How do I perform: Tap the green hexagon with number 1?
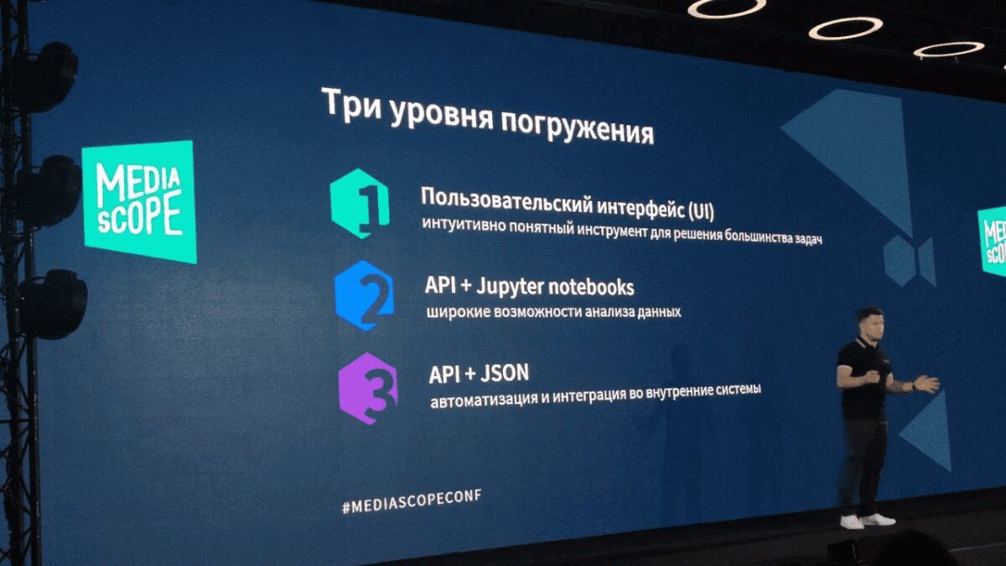[361, 204]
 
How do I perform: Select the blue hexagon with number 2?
[365, 295]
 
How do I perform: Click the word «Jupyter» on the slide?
[507, 287]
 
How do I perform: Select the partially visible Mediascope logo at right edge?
[994, 240]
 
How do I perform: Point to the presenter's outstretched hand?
[926, 383]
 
